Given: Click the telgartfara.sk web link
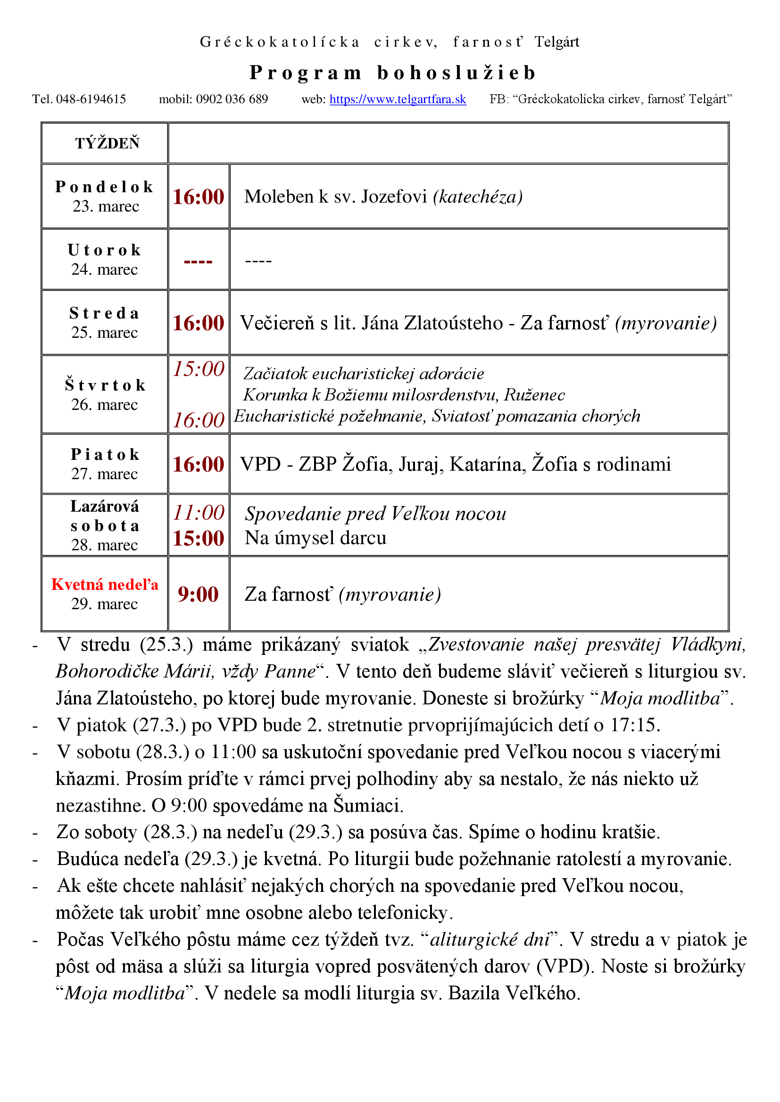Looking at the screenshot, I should point(398,99).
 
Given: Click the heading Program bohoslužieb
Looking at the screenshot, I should point(392,73).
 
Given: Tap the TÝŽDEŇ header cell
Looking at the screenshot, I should point(107,143).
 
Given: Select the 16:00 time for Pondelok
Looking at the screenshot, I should point(199,197).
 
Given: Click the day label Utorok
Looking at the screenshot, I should point(105,250).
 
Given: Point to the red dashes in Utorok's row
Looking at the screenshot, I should point(199,261).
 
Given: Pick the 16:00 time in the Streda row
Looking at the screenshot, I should point(199,323).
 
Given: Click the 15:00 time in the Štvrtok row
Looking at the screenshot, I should point(199,369).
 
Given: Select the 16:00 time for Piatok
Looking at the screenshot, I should point(199,464).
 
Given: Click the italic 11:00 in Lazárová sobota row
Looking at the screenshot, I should point(199,513).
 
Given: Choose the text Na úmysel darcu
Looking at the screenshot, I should point(315,538).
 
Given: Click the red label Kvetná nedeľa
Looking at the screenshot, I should point(105,584).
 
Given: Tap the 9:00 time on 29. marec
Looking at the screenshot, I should point(199,594).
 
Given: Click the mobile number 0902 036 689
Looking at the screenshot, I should point(232,99).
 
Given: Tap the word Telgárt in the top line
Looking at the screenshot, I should point(556,42).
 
